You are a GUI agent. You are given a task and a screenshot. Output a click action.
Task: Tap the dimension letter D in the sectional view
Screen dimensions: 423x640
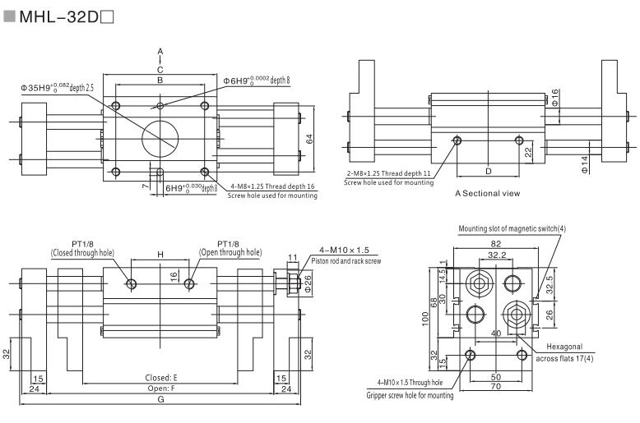click(x=488, y=171)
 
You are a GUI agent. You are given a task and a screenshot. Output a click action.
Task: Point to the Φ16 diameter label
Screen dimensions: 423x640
click(x=556, y=100)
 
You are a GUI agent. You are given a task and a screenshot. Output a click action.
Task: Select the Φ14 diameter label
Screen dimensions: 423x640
click(x=585, y=165)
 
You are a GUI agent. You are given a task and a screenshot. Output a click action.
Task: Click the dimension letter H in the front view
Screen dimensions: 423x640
click(x=160, y=255)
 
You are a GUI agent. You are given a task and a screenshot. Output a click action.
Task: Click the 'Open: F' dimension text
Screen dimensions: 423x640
click(x=160, y=389)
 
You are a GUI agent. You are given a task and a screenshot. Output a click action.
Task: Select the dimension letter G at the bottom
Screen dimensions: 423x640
click(x=160, y=400)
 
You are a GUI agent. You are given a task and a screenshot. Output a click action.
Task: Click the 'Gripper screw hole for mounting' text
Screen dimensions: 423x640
click(x=409, y=396)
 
